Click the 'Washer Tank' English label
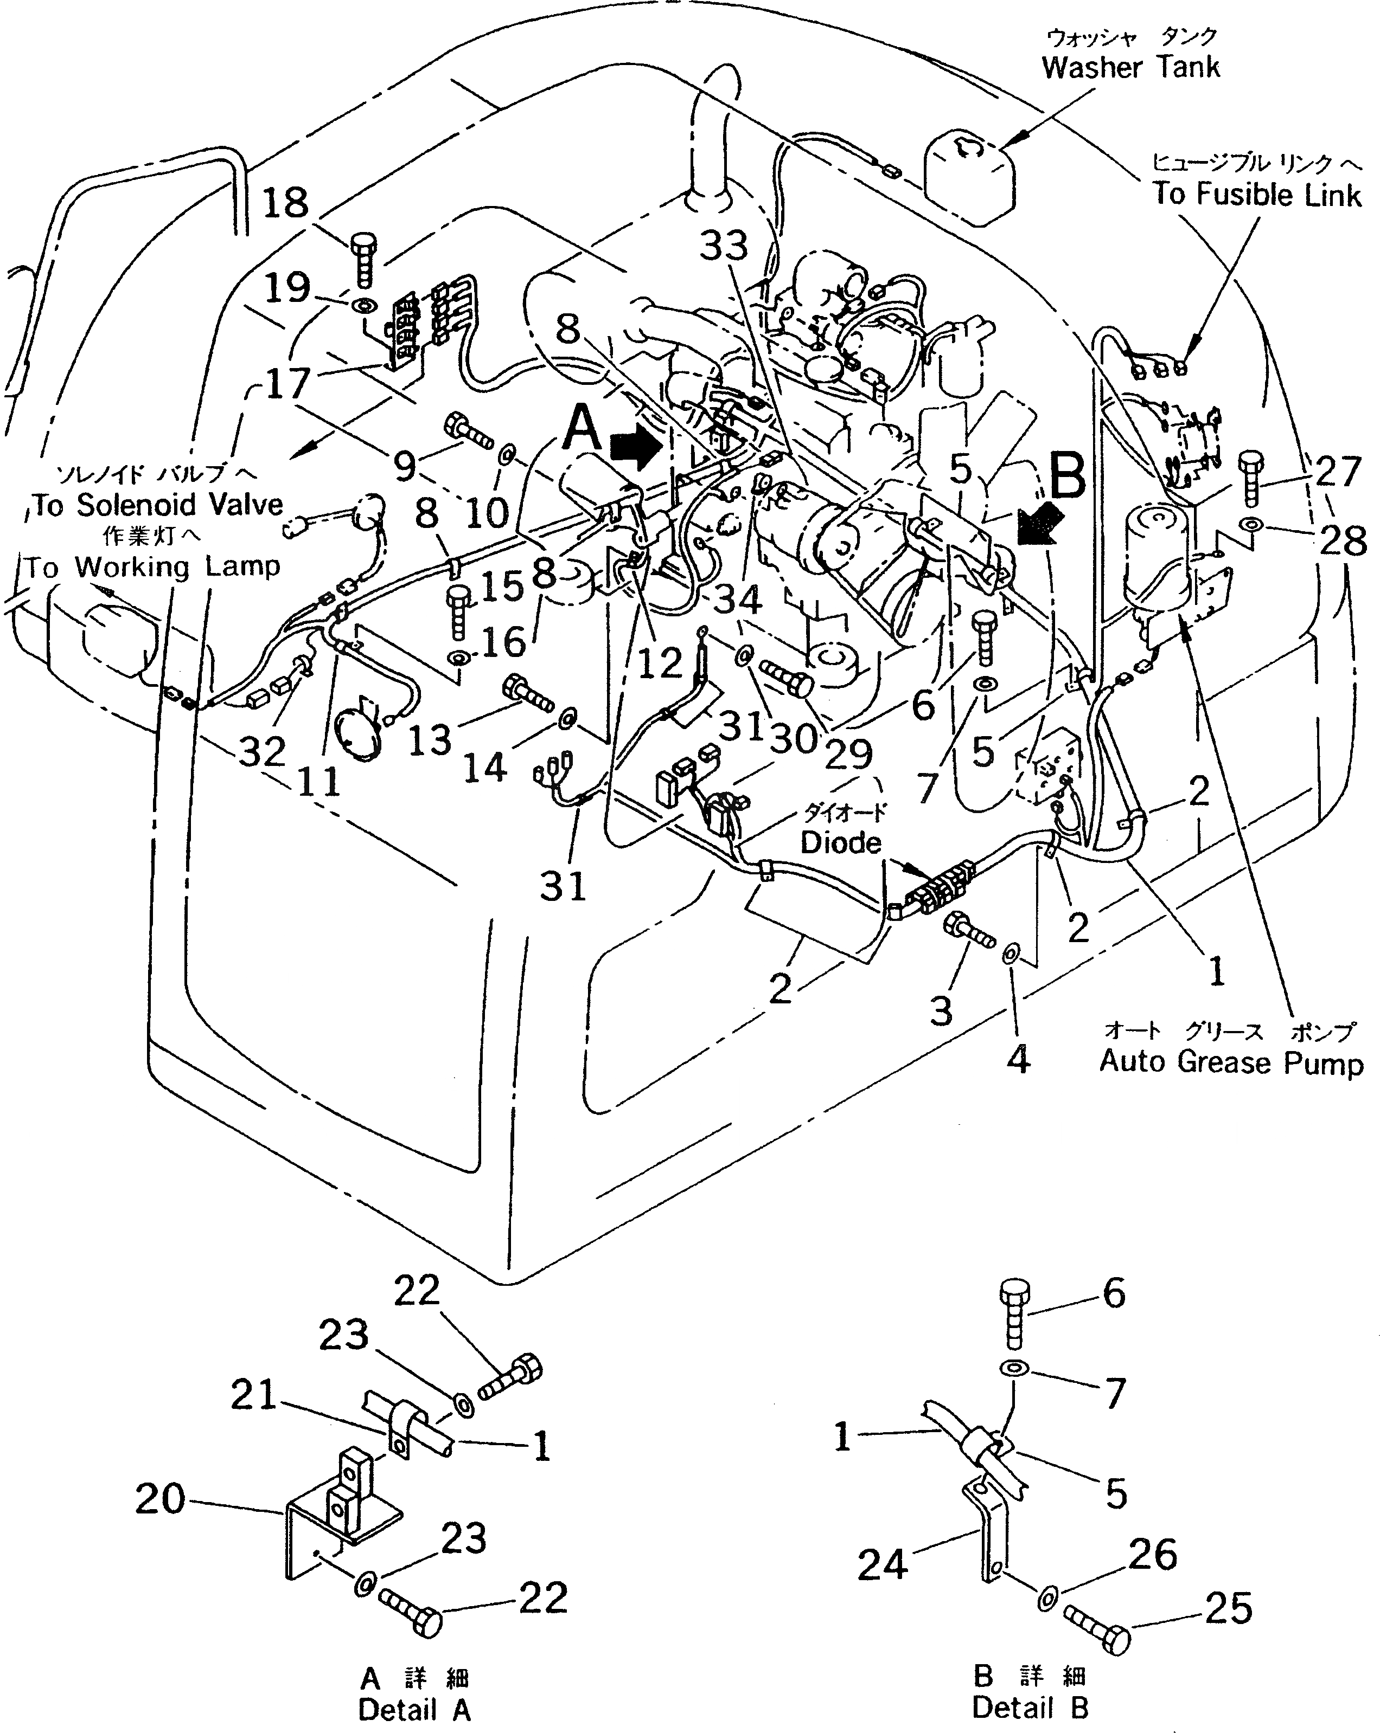(1130, 68)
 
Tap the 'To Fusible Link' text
(1257, 195)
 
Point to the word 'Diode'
(840, 842)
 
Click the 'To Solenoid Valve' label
(158, 505)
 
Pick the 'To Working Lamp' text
(151, 566)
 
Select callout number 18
(285, 203)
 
